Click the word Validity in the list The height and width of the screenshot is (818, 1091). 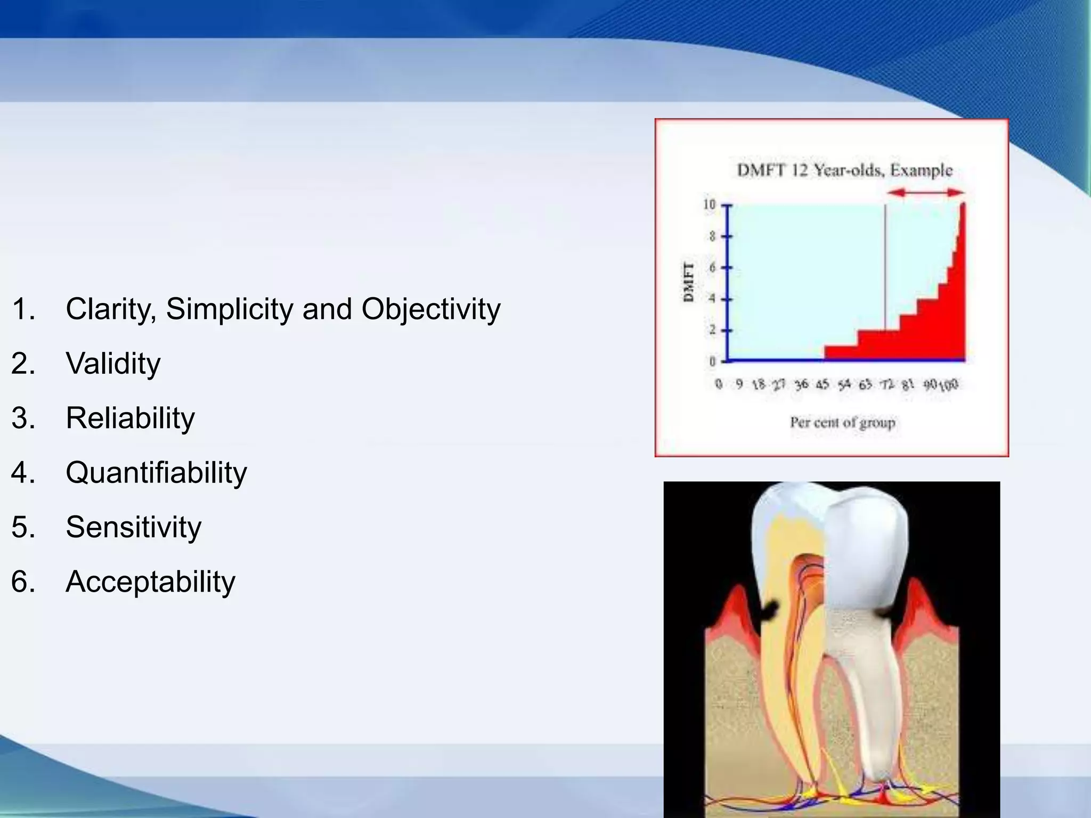[113, 364]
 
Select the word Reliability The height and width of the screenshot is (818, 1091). [130, 418]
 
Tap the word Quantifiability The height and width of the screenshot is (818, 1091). [156, 473]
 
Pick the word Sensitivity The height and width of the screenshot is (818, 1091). [133, 527]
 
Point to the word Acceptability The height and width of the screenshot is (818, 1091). [150, 582]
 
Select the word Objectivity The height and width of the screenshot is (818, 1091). [430, 309]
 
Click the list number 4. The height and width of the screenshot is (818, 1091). [23, 473]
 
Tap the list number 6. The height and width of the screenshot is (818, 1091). [23, 582]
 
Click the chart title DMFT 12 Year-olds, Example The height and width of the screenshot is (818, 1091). [844, 170]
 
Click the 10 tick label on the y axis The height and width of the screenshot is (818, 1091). [709, 204]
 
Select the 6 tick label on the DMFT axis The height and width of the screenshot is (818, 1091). [712, 267]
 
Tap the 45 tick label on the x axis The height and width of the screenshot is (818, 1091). [822, 384]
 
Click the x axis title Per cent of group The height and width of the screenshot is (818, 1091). [842, 423]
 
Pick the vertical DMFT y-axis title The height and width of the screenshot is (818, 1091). [689, 282]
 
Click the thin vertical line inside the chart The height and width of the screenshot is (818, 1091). [885, 266]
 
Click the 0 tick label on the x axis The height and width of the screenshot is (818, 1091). [719, 384]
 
